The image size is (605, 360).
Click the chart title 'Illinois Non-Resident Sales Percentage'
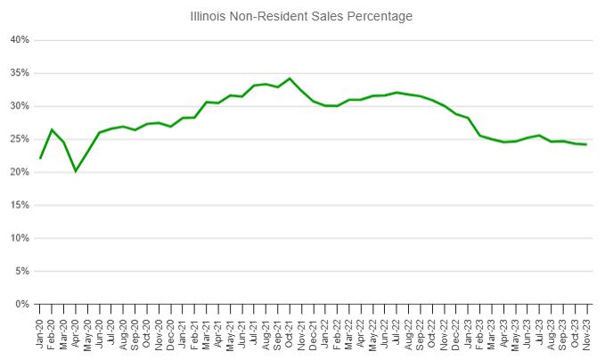[302, 16]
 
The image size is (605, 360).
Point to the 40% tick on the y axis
[20, 40]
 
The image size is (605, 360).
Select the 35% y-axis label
[20, 73]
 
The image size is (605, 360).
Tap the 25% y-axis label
[20, 139]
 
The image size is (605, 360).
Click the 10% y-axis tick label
[20, 238]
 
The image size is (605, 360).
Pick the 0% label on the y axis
[22, 304]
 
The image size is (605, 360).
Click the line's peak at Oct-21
[290, 78]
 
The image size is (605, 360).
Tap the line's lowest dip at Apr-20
[76, 171]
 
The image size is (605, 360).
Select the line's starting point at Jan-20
[40, 159]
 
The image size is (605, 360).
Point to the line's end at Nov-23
[586, 144]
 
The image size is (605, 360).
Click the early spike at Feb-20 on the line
[52, 130]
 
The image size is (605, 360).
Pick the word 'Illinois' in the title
[210, 16]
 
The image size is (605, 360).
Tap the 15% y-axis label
[20, 205]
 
